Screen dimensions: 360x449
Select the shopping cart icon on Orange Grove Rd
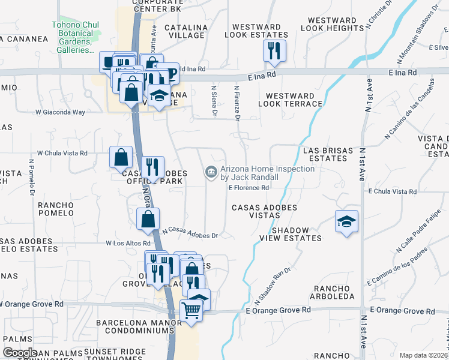coord(191,311)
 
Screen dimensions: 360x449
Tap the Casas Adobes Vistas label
coord(265,211)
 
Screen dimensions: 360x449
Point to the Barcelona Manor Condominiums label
coord(138,326)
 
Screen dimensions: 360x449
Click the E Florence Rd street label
coord(248,187)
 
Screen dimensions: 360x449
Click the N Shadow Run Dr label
coord(273,285)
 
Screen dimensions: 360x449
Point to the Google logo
coord(20,353)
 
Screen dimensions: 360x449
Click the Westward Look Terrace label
coord(290,100)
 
